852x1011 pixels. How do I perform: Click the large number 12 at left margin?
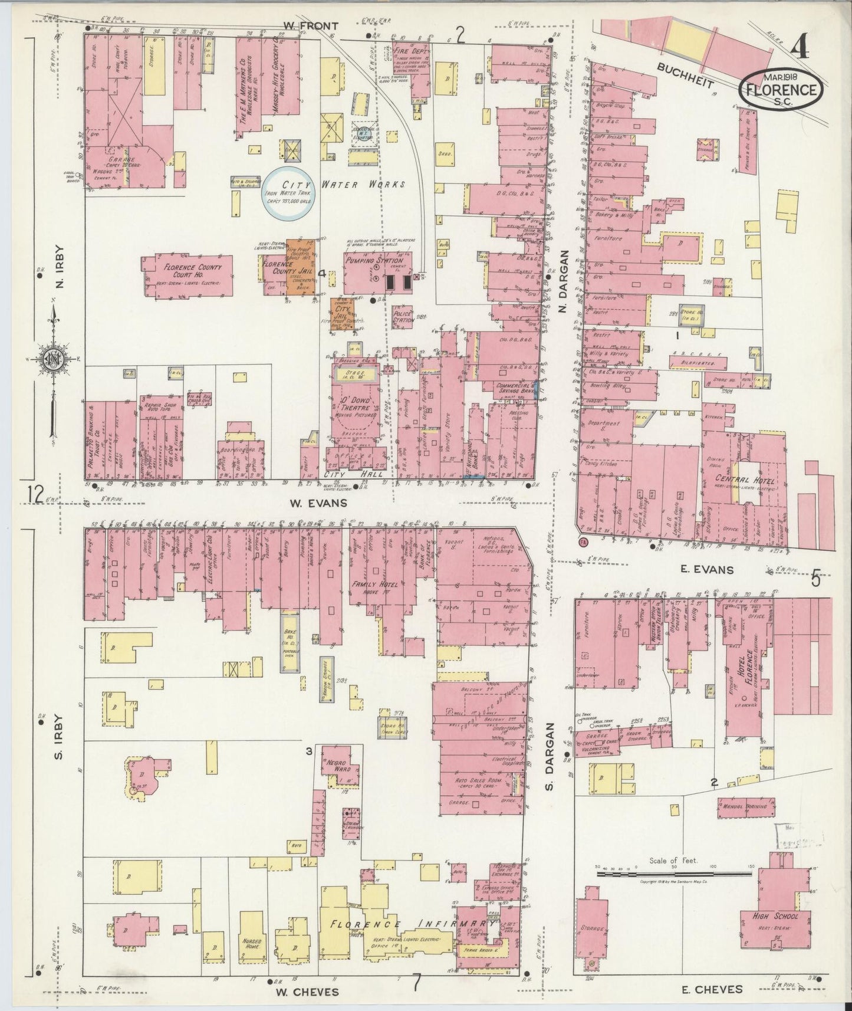tap(35, 494)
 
